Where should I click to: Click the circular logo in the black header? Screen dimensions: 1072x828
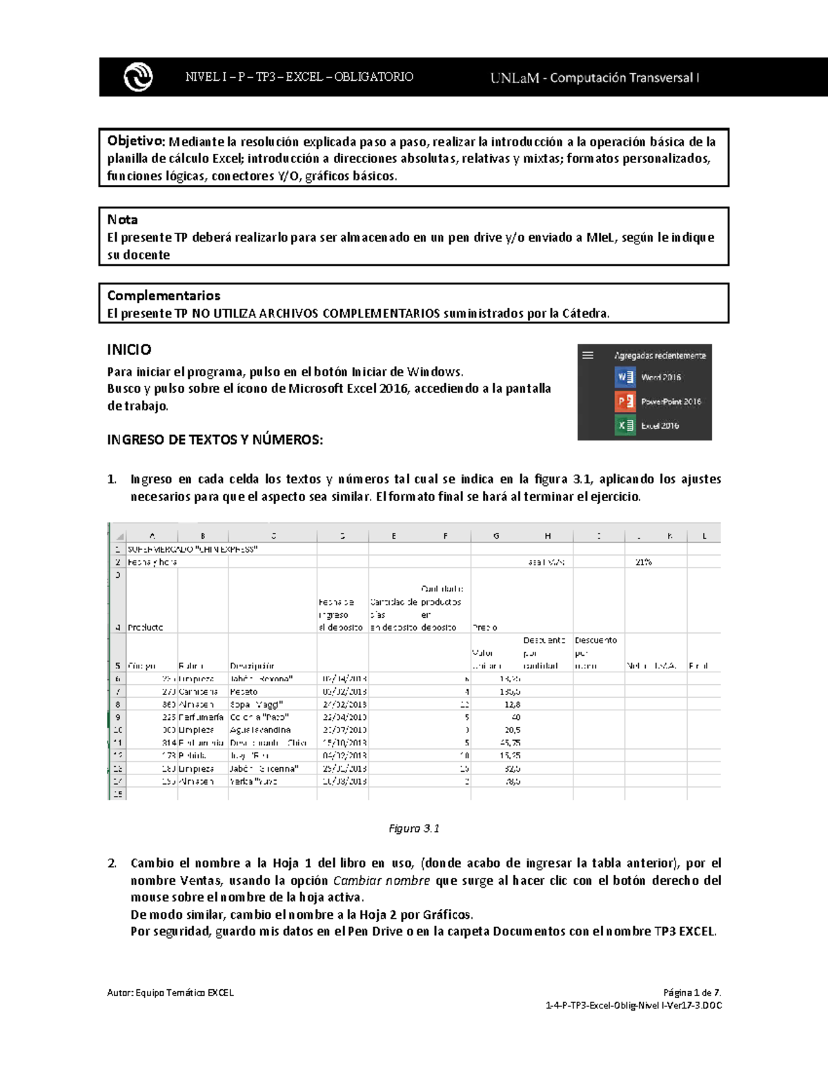pyautogui.click(x=138, y=77)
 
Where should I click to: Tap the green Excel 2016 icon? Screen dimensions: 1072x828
pyautogui.click(x=624, y=425)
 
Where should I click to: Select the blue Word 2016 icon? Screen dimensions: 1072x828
pyautogui.click(x=624, y=377)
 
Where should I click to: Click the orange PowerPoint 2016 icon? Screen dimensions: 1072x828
pyautogui.click(x=624, y=401)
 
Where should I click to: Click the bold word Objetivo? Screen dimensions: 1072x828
pyautogui.click(x=135, y=142)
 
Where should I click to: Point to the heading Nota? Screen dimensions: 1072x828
pyautogui.click(x=122, y=220)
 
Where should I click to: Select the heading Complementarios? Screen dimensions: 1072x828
pyautogui.click(x=164, y=295)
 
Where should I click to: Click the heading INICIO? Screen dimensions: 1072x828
pyautogui.click(x=129, y=349)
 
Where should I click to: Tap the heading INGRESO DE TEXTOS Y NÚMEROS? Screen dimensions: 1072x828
pyautogui.click(x=215, y=440)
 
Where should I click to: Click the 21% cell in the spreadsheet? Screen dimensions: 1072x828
pyautogui.click(x=643, y=562)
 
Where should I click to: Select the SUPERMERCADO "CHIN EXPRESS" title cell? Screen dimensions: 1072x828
pyautogui.click(x=193, y=549)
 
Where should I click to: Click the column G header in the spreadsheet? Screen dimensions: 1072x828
pyautogui.click(x=496, y=536)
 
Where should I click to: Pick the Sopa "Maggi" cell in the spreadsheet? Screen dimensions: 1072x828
pyautogui.click(x=256, y=704)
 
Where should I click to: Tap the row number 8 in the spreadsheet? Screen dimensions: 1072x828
pyautogui.click(x=118, y=704)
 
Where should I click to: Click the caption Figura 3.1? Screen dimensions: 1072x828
pyautogui.click(x=414, y=828)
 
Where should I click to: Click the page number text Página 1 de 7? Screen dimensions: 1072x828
pyautogui.click(x=692, y=993)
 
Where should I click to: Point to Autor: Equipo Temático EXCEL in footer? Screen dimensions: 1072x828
pyautogui.click(x=170, y=993)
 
